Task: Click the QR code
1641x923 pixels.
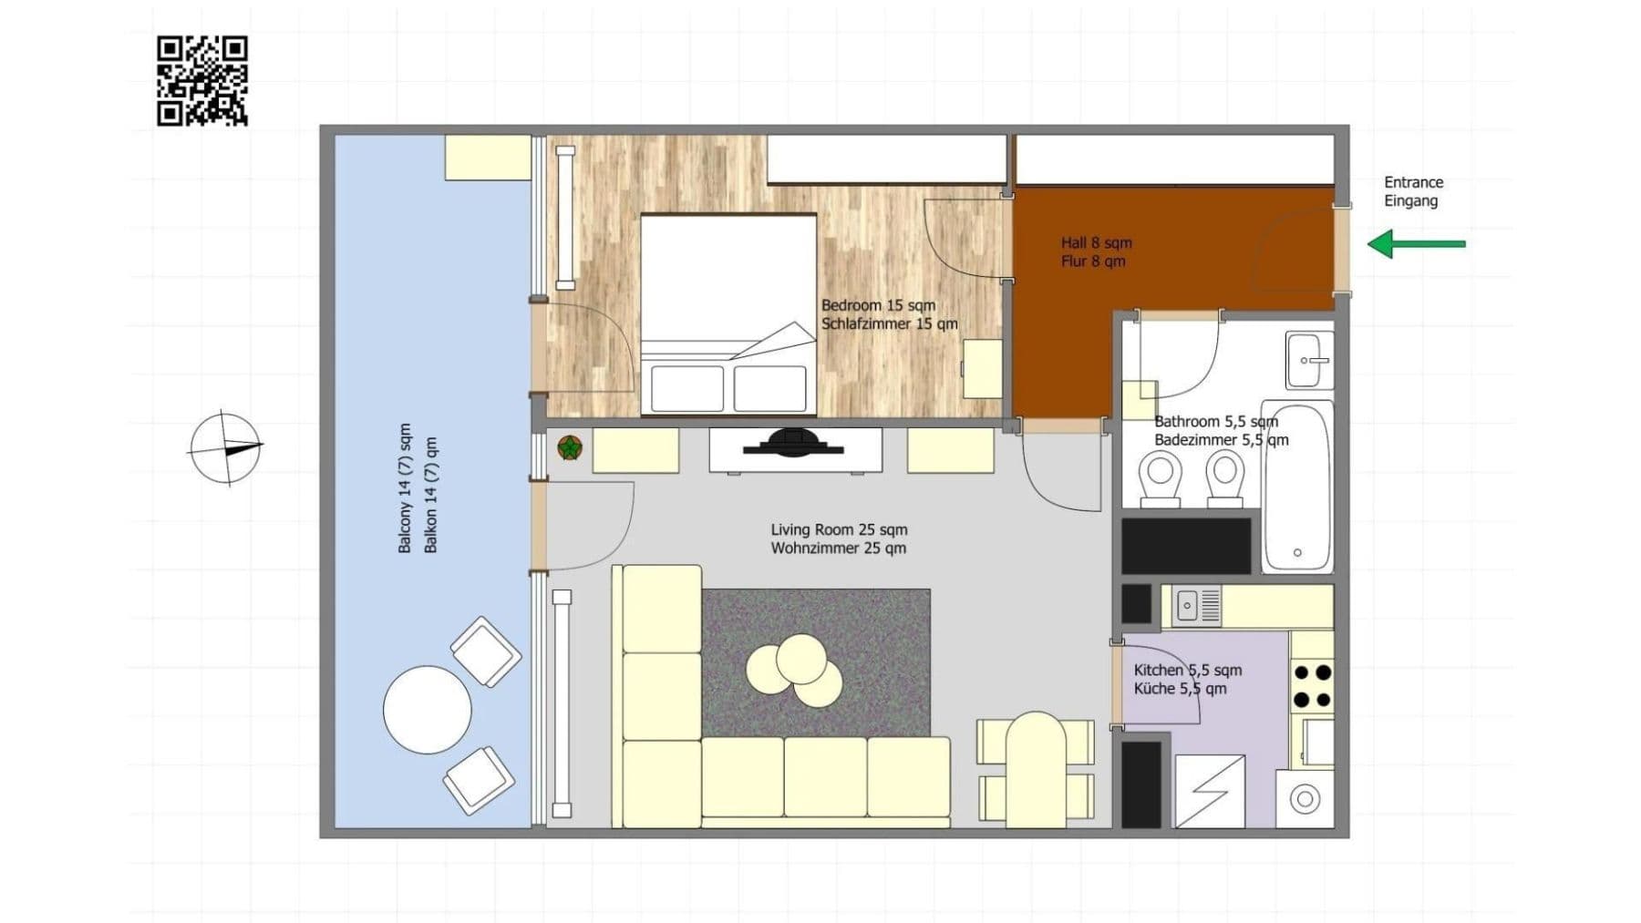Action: point(201,80)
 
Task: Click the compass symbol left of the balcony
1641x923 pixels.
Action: point(225,447)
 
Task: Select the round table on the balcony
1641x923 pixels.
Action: point(427,710)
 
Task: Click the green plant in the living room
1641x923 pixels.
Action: point(570,447)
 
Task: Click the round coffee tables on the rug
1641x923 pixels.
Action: point(795,671)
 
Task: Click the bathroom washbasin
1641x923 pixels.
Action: point(1309,360)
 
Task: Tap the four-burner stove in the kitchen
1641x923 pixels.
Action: point(1313,686)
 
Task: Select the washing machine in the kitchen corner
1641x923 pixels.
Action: point(1305,799)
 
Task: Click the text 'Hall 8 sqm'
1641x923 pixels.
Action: point(1096,242)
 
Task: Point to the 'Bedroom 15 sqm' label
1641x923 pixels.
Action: point(878,305)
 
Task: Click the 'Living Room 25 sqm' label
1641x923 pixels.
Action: point(839,529)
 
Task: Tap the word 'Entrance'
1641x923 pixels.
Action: point(1413,182)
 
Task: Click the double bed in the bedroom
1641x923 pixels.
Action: point(728,314)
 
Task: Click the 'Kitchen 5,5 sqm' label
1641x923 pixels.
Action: point(1187,670)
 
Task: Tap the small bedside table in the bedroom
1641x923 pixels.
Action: point(983,368)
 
